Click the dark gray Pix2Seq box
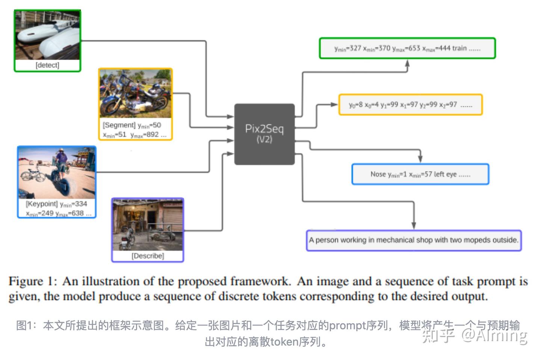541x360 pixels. tap(264, 134)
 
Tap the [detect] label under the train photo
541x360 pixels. tap(47, 65)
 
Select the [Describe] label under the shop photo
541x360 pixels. tap(148, 256)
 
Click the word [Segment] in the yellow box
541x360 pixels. tap(119, 125)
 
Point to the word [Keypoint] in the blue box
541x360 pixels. tap(42, 204)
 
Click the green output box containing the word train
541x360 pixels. tap(407, 48)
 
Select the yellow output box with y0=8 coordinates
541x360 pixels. tap(410, 104)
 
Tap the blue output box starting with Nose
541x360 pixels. tap(420, 174)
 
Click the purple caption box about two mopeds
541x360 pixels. tap(414, 240)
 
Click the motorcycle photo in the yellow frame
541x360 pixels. tap(135, 94)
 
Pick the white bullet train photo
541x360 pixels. tap(47, 35)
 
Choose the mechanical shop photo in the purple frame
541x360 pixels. tap(148, 225)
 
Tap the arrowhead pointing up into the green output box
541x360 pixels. tap(407, 63)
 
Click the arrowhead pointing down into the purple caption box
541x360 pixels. tap(414, 225)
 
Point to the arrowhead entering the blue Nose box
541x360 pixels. tap(420, 159)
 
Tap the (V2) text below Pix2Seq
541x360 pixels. tap(264, 140)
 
